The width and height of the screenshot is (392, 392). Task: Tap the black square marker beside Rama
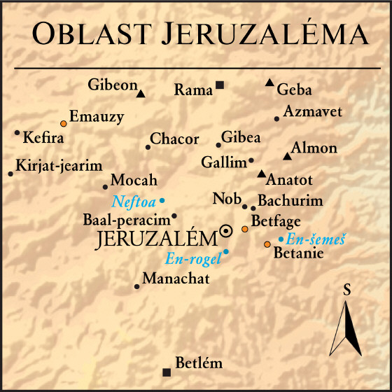coord(220,85)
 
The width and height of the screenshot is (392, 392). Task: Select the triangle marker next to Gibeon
coord(141,93)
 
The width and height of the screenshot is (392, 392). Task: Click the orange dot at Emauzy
coord(63,122)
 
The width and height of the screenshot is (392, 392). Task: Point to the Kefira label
coord(43,138)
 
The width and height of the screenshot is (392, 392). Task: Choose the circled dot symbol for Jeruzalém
coord(226,231)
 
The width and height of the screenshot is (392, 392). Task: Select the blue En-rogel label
coord(192,259)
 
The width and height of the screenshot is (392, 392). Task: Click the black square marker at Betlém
coord(166,372)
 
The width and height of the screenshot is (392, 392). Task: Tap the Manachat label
coord(176,279)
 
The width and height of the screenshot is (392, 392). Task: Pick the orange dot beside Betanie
coord(267,244)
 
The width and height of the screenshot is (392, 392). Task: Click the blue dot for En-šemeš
coord(281,239)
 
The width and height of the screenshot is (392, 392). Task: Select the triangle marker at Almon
coord(286,156)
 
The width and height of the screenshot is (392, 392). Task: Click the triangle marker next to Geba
coord(269,83)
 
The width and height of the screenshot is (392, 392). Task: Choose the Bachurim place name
coord(290,201)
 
